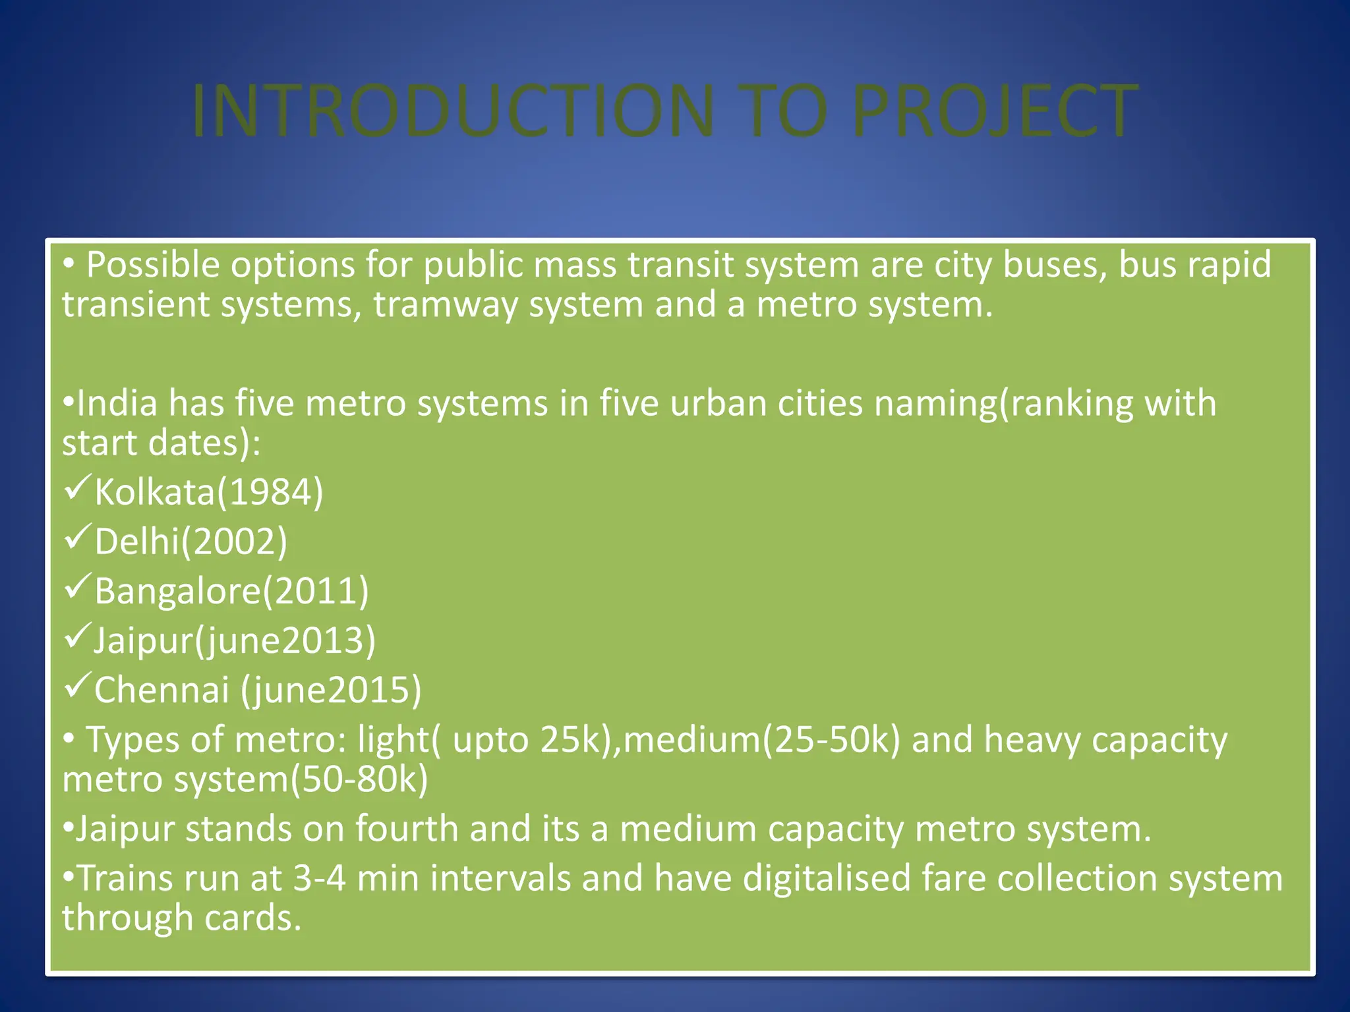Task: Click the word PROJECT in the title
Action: pyautogui.click(x=994, y=111)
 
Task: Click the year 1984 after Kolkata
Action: pyautogui.click(x=270, y=492)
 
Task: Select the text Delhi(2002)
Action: pyautogui.click(x=191, y=542)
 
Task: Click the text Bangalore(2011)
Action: pyautogui.click(x=231, y=591)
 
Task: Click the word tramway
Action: pyautogui.click(x=446, y=304)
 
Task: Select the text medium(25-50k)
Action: pyautogui.click(x=761, y=740)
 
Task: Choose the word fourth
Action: pyautogui.click(x=407, y=829)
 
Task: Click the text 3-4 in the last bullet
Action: pyautogui.click(x=319, y=878)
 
